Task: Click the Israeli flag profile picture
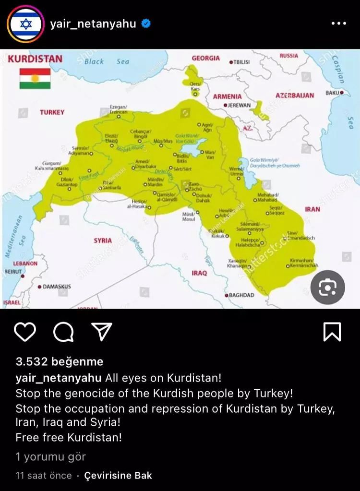[24, 24]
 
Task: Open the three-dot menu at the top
[338, 24]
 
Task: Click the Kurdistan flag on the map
[35, 78]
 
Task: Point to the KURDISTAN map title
[35, 59]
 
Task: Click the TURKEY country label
[52, 112]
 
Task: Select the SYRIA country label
[103, 240]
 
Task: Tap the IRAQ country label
[199, 273]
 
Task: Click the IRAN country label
[312, 209]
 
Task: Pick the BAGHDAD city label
[241, 295]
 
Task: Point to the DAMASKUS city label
[56, 287]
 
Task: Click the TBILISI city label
[241, 62]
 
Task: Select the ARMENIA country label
[228, 96]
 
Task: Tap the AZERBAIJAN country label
[294, 96]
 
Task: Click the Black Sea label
[107, 61]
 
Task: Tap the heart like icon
[25, 332]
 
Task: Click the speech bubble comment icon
[63, 332]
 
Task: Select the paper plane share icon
[102, 332]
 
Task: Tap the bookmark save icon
[332, 332]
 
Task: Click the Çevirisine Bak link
[118, 476]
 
